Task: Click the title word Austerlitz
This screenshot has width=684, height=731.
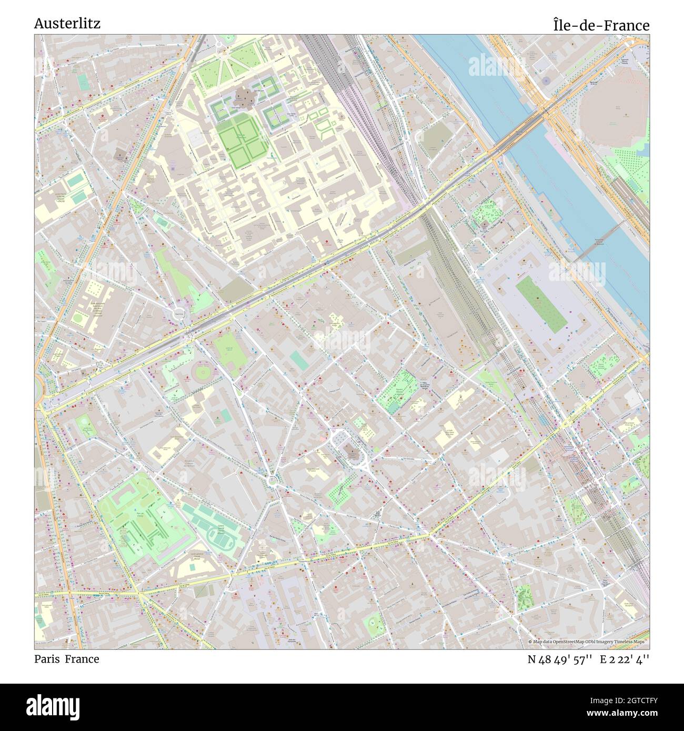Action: [67, 24]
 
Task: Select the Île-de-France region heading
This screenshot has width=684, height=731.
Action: [601, 25]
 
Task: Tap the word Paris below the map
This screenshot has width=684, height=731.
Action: [47, 659]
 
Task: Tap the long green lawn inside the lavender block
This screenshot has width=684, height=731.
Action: [541, 302]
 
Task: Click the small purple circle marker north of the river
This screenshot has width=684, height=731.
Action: [546, 80]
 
